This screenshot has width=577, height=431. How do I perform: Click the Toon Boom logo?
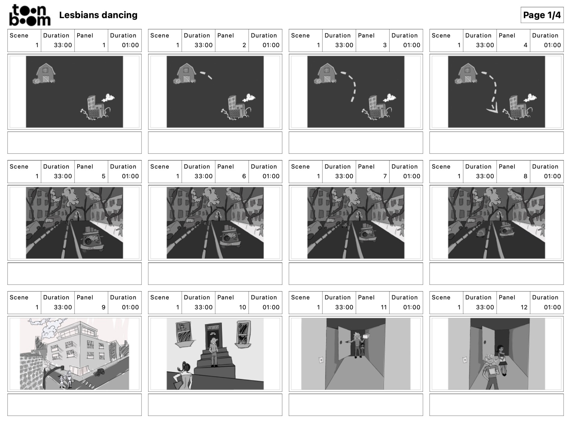29,15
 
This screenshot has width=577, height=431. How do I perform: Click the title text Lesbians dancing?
98,15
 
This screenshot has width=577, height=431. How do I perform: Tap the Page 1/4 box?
542,15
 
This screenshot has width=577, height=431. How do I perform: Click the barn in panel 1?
45,73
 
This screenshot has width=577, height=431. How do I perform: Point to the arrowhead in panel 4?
493,109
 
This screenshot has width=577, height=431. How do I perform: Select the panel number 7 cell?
372,172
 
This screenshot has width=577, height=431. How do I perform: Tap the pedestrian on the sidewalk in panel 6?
261,230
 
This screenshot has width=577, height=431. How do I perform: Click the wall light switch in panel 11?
321,359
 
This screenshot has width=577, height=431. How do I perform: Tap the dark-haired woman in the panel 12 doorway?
501,359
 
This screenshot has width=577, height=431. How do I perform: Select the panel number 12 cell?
513,303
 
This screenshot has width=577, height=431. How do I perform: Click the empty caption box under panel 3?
356,142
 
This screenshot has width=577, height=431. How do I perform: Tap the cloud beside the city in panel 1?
108,98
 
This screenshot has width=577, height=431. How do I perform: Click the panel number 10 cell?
232,303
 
